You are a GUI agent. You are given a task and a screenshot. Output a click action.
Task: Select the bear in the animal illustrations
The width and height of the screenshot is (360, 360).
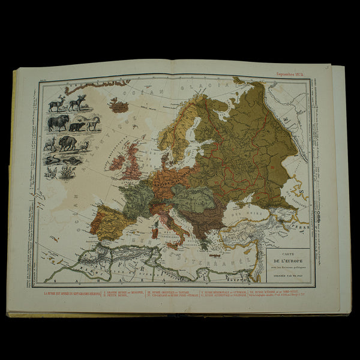pyautogui.click(x=77, y=127)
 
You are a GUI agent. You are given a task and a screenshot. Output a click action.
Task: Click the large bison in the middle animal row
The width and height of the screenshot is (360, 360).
pyautogui.click(x=58, y=124)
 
